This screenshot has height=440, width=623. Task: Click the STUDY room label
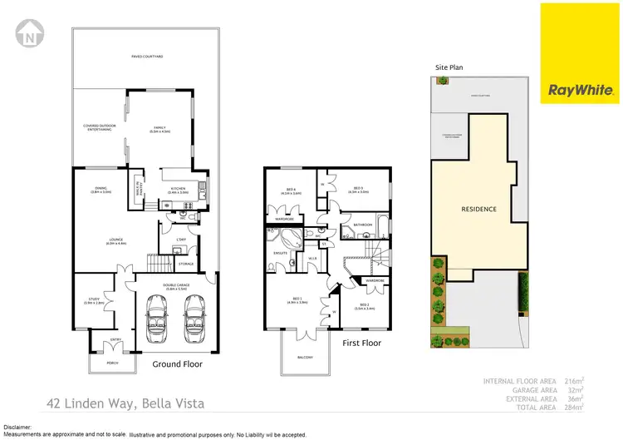click(x=93, y=300)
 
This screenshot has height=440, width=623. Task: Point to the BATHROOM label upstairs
click(x=363, y=225)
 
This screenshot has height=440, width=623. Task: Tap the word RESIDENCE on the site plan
click(x=478, y=209)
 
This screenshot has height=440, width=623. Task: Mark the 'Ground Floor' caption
click(x=177, y=363)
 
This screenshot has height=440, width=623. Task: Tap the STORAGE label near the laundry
click(x=185, y=264)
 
